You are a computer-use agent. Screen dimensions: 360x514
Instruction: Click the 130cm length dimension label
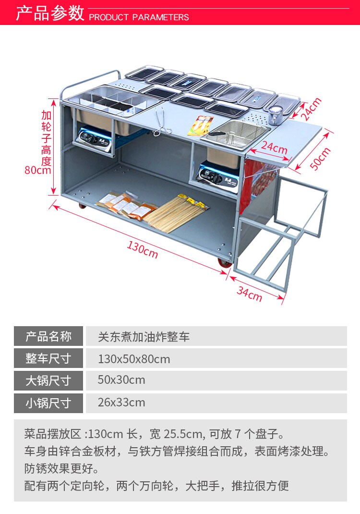(x=142, y=249)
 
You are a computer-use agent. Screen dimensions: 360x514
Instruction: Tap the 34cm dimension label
(x=250, y=293)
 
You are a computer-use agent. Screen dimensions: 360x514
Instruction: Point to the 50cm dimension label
(x=320, y=159)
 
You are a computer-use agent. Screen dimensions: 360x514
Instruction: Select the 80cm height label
(x=38, y=170)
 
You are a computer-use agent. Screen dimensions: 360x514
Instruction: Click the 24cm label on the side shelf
(x=274, y=148)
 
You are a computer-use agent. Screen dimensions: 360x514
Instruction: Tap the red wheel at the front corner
(x=224, y=263)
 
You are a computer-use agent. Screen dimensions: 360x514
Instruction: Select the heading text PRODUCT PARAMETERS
(x=139, y=17)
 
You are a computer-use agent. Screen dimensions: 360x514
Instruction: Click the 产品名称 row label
(x=48, y=336)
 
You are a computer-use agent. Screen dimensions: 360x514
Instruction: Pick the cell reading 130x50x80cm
(x=134, y=359)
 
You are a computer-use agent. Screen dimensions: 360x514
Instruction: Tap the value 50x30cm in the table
(x=121, y=380)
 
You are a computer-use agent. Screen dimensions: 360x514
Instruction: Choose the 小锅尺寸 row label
(x=48, y=403)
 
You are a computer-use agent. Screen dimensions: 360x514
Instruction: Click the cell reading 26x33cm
(x=121, y=403)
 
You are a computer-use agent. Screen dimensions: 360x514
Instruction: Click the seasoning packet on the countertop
(x=201, y=124)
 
